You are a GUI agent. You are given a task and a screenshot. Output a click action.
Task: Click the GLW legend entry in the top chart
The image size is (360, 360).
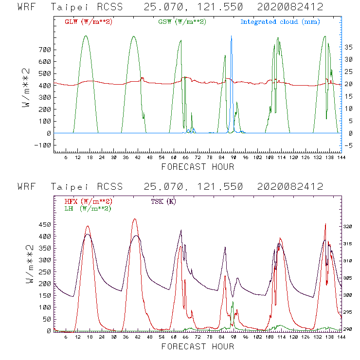pyautogui.click(x=88, y=22)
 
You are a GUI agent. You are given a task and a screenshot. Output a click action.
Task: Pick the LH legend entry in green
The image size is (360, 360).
pyautogui.click(x=87, y=208)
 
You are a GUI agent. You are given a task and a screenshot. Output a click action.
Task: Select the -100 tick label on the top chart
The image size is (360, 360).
pyautogui.click(x=43, y=145)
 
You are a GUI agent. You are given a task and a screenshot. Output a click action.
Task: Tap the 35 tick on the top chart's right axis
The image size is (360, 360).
pyautogui.click(x=348, y=47)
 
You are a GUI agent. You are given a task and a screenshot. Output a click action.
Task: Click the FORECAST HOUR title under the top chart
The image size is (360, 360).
pyautogui.click(x=198, y=167)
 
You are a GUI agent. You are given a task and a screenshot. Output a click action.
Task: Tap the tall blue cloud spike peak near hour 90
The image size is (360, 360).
pyautogui.click(x=231, y=36)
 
